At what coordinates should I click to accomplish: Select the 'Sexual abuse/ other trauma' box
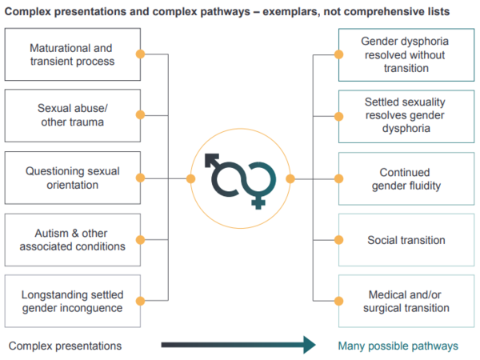72,115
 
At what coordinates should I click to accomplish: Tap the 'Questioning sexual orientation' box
72,178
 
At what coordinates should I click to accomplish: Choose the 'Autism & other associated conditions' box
72,239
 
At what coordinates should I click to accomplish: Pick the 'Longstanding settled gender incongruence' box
72,301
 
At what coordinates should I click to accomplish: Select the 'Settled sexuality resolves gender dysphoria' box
405,115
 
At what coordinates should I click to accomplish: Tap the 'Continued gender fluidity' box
405,178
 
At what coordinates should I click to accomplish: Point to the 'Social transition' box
405,239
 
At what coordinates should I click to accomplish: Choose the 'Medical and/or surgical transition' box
405,301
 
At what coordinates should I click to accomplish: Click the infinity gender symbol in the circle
240,178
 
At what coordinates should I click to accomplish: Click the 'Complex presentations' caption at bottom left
65,346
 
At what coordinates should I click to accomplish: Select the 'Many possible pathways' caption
398,346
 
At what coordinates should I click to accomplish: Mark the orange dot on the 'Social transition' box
339,239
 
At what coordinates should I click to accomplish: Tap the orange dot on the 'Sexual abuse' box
140,115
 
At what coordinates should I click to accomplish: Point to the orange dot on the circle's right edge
290,178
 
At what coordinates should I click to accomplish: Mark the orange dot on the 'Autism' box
140,239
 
